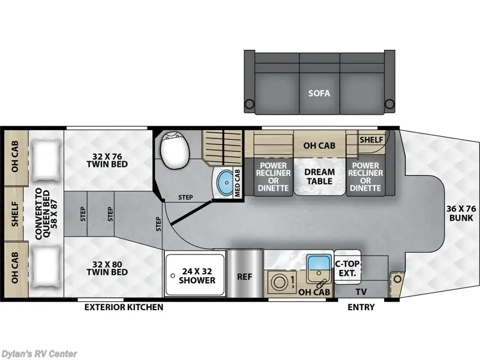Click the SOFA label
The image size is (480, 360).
[319, 94]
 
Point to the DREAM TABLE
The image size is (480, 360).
[319, 176]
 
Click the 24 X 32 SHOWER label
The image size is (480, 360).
[197, 275]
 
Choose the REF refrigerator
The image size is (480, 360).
[245, 278]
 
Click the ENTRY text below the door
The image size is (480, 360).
[361, 307]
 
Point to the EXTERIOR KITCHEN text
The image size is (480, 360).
[124, 307]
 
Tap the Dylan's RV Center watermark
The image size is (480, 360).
[39, 353]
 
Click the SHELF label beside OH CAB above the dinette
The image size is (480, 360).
[372, 139]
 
